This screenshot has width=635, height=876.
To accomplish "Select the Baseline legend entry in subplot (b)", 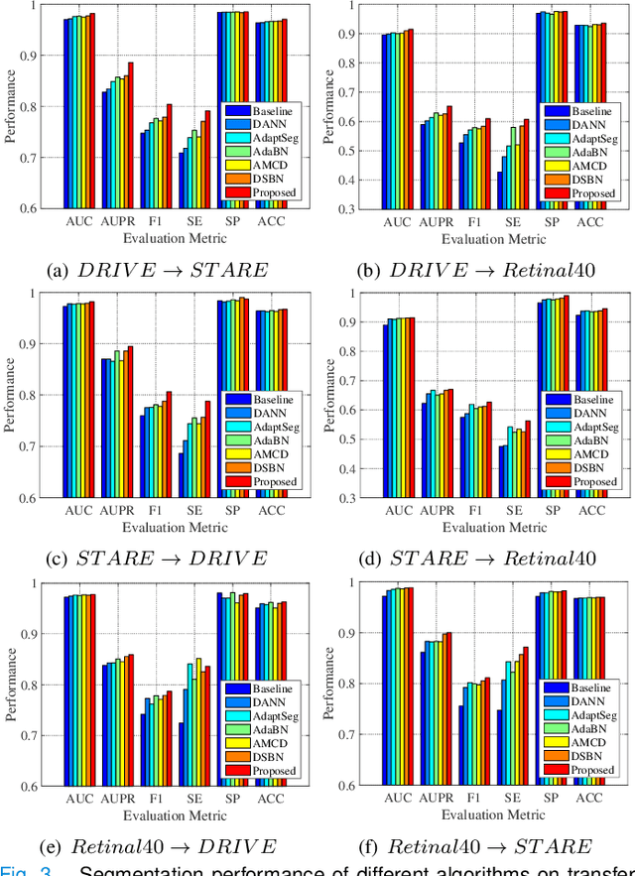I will [592, 110].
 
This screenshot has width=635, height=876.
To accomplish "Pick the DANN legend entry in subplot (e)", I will [268, 701].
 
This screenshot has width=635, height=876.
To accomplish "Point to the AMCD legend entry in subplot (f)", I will [590, 741].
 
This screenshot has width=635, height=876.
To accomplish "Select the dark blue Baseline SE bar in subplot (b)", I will [500, 189].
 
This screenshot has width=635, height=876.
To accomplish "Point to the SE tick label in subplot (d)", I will [514, 511].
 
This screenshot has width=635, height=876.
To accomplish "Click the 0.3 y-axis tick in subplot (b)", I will [342, 209].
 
